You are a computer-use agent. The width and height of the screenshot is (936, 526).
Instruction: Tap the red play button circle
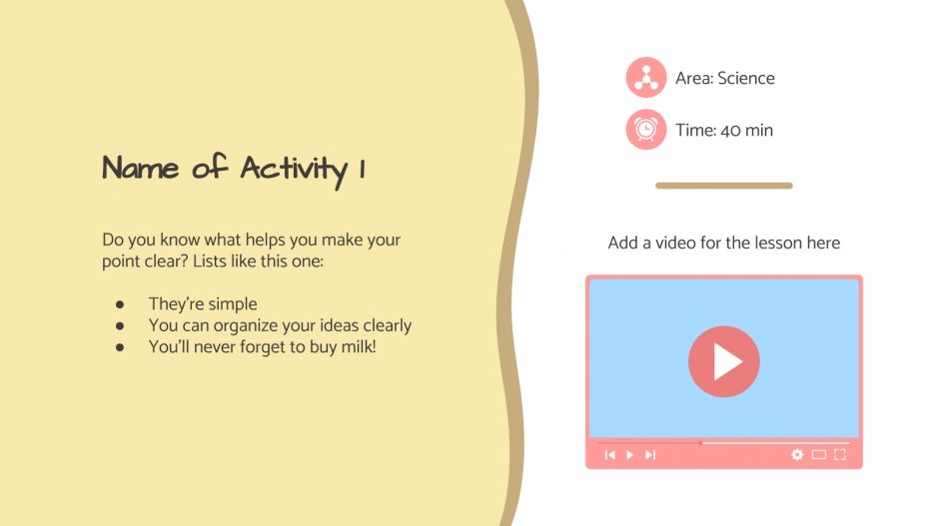pos(724,361)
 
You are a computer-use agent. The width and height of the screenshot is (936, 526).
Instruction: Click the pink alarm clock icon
pos(646,130)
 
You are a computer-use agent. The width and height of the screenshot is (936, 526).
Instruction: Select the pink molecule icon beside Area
pos(646,78)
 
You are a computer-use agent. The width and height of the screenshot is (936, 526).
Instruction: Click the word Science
pos(746,78)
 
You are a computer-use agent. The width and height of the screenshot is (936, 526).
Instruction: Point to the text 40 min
pos(746,130)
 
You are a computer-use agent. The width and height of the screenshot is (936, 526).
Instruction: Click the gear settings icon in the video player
pos(797,455)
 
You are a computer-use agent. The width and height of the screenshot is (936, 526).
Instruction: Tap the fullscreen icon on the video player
pos(839,455)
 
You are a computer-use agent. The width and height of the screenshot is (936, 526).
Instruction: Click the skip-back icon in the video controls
pos(609,455)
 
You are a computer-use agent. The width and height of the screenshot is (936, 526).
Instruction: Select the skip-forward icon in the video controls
pos(650,455)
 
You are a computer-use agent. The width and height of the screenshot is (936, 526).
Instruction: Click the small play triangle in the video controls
pos(629,455)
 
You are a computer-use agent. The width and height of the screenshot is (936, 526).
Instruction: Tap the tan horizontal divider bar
pos(724,186)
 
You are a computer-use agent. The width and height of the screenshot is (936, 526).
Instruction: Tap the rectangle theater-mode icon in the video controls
pos(818,455)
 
